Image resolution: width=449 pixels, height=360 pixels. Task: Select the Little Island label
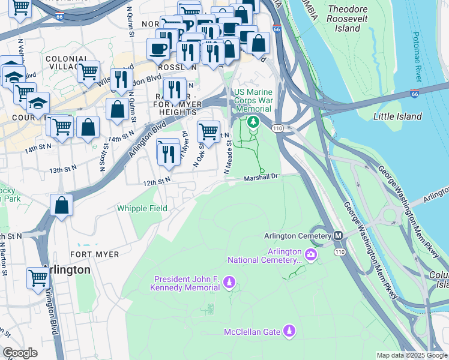tap(397, 116)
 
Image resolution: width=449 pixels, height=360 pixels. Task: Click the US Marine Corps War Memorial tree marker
tap(253, 122)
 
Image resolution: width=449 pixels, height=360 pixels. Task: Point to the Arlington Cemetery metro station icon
tap(338, 236)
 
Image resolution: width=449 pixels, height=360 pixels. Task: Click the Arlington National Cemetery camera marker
tap(311, 255)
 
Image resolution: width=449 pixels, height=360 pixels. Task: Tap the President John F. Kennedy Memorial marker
tap(229, 282)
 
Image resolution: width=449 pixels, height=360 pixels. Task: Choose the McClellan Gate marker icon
tap(289, 331)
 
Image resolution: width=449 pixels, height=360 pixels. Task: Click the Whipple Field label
tap(142, 208)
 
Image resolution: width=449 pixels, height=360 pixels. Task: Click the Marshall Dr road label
tap(262, 177)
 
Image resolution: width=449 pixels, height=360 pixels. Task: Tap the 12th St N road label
tap(157, 180)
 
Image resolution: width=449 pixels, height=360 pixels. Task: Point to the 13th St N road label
tap(64, 170)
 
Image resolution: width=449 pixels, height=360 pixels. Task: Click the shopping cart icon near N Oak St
tap(208, 130)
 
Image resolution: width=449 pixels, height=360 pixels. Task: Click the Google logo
tap(20, 353)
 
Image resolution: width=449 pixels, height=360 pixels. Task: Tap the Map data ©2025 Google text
tap(411, 355)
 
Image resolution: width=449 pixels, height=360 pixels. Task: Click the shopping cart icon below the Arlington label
tap(38, 278)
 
